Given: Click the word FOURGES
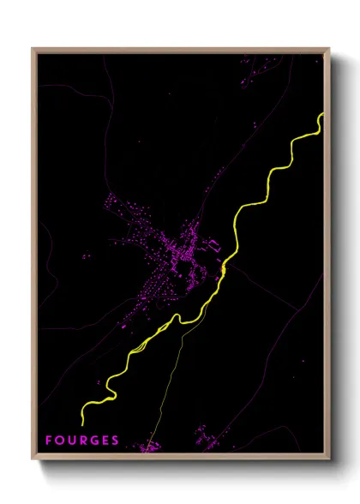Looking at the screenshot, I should (82, 441).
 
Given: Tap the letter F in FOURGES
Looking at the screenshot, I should (49, 441).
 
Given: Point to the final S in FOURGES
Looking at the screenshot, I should (115, 441).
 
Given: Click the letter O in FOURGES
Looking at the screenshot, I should (59, 441).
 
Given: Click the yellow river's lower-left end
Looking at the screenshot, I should (82, 422).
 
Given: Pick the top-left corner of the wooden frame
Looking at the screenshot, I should (33, 49).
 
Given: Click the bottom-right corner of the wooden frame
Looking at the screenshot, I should (329, 460).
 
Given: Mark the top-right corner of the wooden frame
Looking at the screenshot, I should (329, 49).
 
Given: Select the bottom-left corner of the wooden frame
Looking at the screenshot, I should (33, 460).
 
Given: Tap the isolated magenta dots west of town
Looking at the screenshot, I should (86, 256).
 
